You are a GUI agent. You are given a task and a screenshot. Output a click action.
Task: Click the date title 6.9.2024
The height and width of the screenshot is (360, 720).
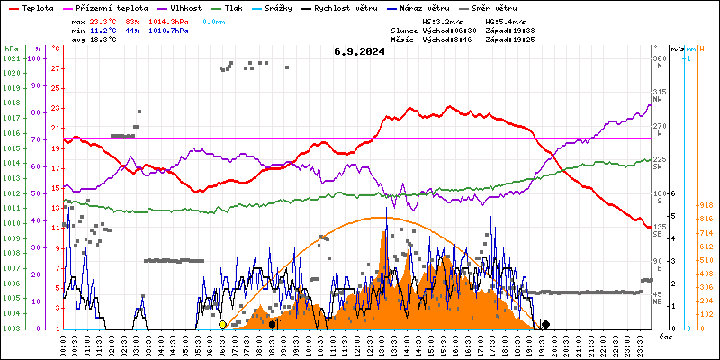(359, 51)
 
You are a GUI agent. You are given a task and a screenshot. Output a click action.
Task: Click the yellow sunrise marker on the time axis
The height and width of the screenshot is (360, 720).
(222, 324)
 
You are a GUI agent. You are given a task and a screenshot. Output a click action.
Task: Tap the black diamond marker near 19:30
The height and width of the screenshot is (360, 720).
(545, 324)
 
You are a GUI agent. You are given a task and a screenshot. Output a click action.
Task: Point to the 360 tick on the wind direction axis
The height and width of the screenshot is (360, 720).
(660, 58)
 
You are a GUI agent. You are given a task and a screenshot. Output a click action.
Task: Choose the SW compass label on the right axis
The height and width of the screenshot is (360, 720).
(658, 167)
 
